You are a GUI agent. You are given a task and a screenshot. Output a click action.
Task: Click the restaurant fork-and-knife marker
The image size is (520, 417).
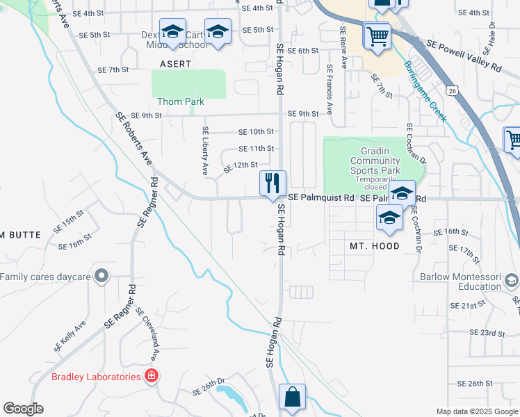tap(273, 183)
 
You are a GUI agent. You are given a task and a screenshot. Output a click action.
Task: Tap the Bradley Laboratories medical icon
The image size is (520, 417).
tap(151, 377)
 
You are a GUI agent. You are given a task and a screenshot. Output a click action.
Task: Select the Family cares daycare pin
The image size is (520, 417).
tap(101, 277)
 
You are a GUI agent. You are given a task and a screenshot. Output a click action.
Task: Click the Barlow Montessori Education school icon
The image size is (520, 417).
tap(512, 281)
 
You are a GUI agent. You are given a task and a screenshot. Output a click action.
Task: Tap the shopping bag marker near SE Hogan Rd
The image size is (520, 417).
tap(292, 398)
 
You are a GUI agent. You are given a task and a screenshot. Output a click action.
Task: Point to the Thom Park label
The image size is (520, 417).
tap(181, 101)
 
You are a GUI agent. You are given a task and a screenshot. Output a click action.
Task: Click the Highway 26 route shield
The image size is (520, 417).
tap(453, 90)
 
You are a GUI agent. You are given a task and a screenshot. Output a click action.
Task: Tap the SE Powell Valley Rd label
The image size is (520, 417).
tap(464, 56)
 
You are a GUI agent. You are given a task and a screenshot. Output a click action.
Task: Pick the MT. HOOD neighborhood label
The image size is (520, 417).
tap(375, 246)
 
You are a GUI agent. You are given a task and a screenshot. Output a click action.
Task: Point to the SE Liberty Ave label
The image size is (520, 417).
tap(206, 150)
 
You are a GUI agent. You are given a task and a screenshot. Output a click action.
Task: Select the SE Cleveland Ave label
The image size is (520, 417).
tap(147, 334)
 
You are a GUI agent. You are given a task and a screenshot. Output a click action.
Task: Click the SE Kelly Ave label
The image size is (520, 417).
tap(70, 335)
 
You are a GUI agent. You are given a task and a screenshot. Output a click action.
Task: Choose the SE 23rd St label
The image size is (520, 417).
tap(487, 333)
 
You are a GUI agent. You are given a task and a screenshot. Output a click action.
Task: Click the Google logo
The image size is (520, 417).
tap(23, 409)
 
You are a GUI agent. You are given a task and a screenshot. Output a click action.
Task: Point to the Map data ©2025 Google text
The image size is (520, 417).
tap(477, 411)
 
